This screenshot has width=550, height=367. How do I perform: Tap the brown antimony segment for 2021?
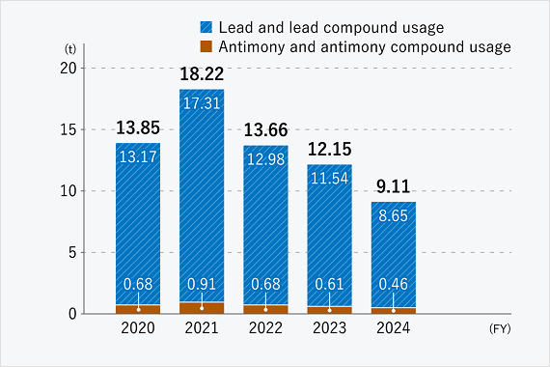coord(202,308)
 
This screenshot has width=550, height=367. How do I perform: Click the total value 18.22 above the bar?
coord(202,73)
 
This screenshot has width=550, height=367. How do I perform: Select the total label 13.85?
coord(138,127)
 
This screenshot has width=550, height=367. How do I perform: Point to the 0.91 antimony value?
coord(202,285)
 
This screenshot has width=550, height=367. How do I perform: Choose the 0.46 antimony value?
coord(393,285)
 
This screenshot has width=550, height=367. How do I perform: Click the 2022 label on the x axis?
coord(265,328)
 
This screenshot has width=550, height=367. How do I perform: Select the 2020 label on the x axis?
coord(138,328)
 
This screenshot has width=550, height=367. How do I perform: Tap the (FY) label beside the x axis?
coord(501,328)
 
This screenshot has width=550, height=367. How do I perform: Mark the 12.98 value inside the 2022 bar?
coord(265,159)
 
